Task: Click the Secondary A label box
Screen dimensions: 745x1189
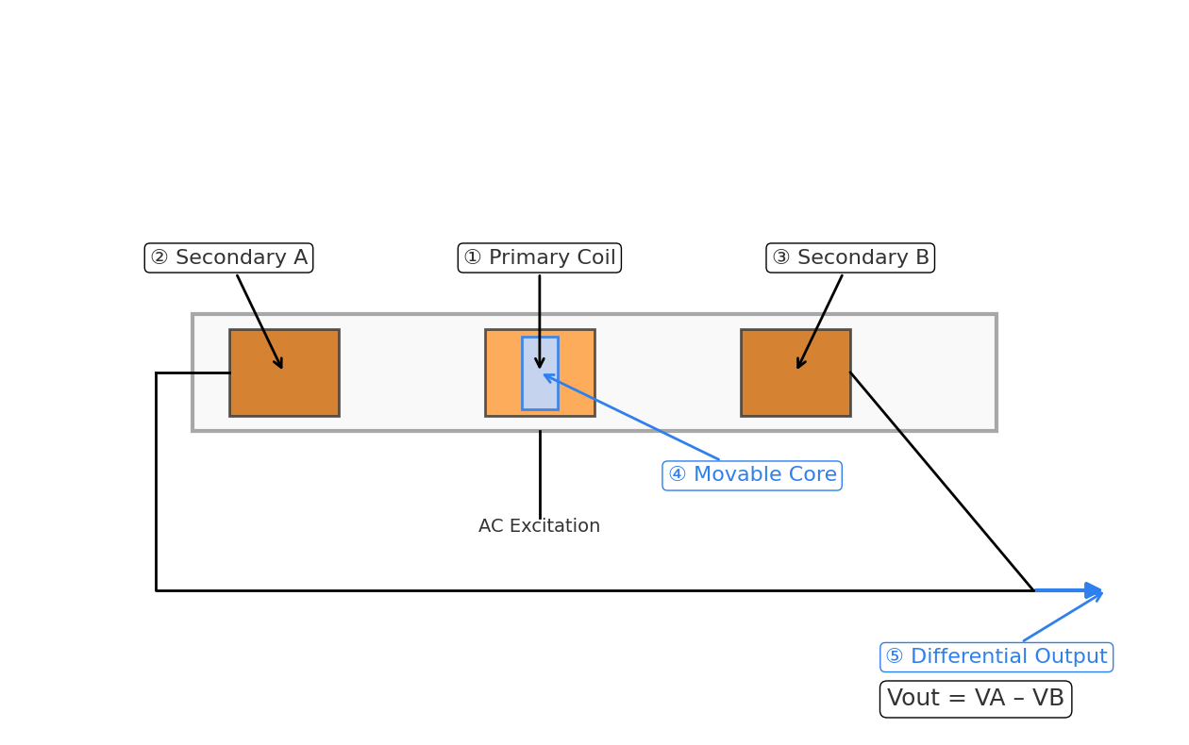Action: click(228, 257)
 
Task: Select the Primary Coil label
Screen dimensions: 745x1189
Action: click(540, 257)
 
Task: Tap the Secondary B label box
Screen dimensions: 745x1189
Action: click(850, 257)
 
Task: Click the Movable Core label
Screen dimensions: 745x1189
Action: click(752, 475)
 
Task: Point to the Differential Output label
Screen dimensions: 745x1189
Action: click(996, 656)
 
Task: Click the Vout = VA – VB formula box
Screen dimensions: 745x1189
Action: click(976, 699)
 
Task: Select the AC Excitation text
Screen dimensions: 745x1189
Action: click(539, 526)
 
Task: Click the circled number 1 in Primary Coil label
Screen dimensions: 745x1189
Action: click(472, 257)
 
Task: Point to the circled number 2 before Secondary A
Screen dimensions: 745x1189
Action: click(159, 257)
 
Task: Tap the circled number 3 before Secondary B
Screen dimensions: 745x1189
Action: click(780, 257)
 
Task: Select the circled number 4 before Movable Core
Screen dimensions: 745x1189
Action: click(677, 475)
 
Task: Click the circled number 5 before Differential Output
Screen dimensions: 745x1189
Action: click(894, 656)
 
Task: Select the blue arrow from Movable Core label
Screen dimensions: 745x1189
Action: click(632, 417)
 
